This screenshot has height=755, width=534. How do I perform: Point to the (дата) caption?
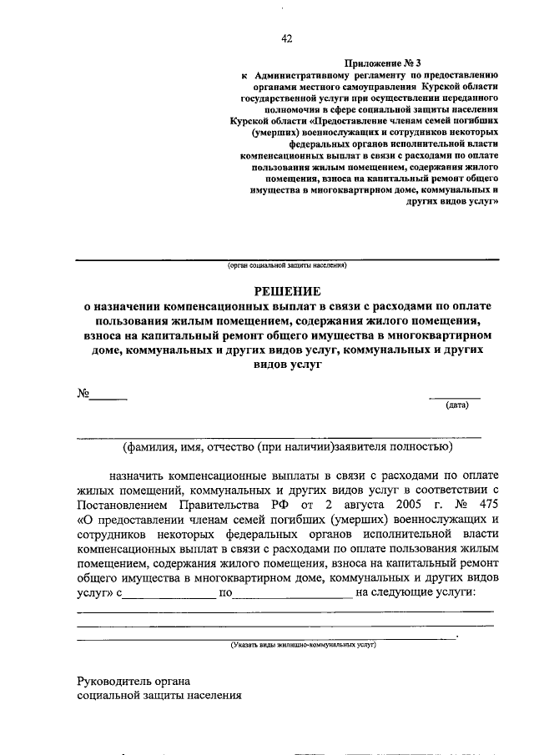[x=456, y=406]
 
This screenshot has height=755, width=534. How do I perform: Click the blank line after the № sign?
[x=108, y=399]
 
